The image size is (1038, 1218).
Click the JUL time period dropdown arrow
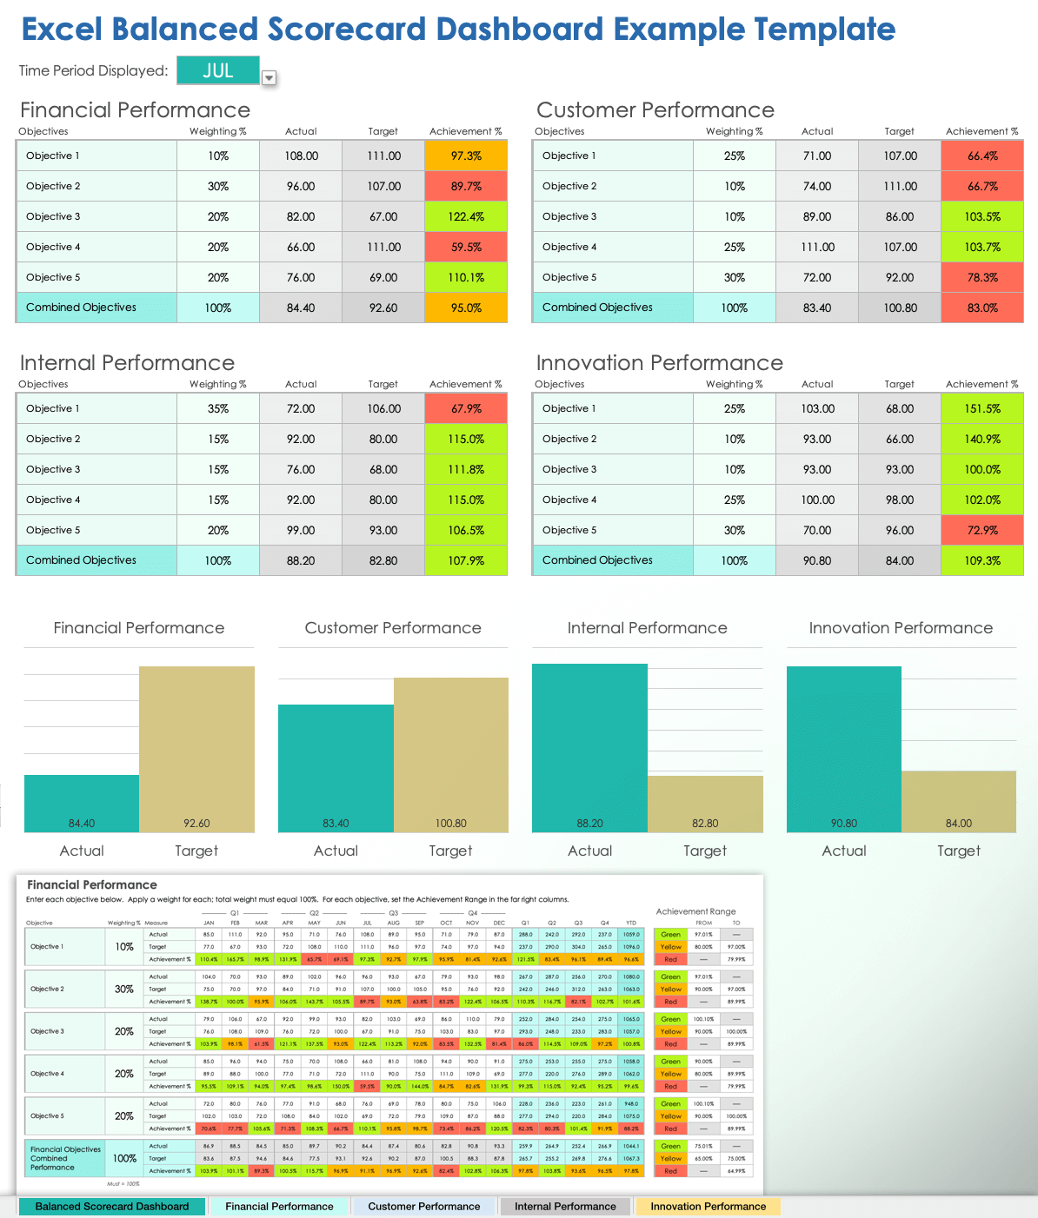click(269, 78)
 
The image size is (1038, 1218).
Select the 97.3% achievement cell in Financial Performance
click(466, 156)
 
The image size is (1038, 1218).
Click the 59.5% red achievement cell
click(466, 248)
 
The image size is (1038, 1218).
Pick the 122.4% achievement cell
click(466, 217)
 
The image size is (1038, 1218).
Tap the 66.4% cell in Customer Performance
click(982, 156)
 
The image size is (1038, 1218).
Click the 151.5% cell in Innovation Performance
click(982, 409)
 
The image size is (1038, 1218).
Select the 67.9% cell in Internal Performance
click(466, 409)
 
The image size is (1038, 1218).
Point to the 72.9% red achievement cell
click(982, 531)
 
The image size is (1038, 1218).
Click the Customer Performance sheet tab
click(423, 1207)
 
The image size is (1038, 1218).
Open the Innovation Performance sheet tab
click(708, 1207)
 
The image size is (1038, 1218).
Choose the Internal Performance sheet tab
click(565, 1207)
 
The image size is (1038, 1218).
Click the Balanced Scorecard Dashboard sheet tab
click(112, 1207)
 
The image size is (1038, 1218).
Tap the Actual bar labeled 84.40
click(82, 804)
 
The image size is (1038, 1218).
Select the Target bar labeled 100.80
click(450, 755)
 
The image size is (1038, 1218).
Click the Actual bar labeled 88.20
click(589, 748)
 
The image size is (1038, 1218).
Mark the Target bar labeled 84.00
click(959, 801)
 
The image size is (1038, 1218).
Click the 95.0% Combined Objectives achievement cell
click(466, 308)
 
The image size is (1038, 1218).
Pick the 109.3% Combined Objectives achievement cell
click(982, 561)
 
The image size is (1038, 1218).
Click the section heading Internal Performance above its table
click(127, 363)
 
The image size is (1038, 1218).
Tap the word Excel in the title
click(61, 30)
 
